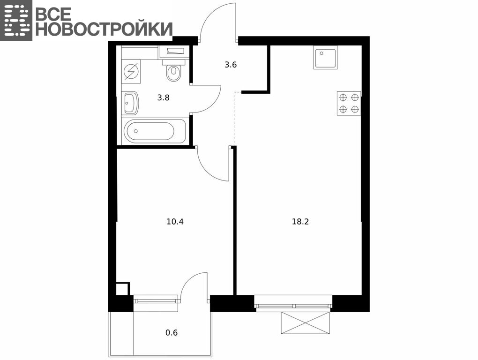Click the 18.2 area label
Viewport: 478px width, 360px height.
pyautogui.click(x=300, y=222)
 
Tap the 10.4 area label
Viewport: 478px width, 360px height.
pyautogui.click(x=175, y=222)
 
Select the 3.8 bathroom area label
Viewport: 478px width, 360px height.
pyautogui.click(x=163, y=98)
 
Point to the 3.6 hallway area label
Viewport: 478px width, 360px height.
pyautogui.click(x=231, y=65)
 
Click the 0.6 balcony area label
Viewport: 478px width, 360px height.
pyautogui.click(x=172, y=332)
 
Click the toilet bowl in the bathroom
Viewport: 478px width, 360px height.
pyautogui.click(x=174, y=71)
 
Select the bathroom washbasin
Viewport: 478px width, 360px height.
pyautogui.click(x=131, y=103)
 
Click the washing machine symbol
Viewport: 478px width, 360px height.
pyautogui.click(x=131, y=72)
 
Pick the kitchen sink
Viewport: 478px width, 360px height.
pyautogui.click(x=325, y=58)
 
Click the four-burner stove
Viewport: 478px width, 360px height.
pyautogui.click(x=349, y=103)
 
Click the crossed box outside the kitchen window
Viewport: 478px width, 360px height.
pyautogui.click(x=306, y=323)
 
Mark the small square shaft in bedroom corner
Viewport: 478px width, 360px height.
pyautogui.click(x=123, y=289)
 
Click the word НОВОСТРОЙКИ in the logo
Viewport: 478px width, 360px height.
pyautogui.click(x=104, y=29)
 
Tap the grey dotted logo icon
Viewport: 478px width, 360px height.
pyautogui.click(x=16, y=20)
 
